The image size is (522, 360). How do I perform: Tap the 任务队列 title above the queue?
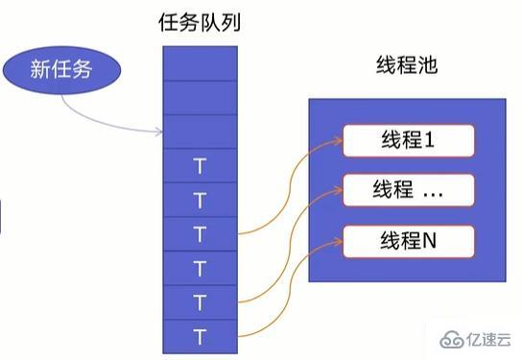(200, 23)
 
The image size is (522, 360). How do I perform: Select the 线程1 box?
(409, 140)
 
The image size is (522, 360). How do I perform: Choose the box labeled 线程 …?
(409, 190)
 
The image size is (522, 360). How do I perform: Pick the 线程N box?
(409, 238)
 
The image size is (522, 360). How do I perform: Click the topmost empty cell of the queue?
(200, 63)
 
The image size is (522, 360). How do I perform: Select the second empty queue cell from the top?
(200, 97)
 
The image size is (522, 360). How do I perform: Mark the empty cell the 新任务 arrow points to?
(200, 132)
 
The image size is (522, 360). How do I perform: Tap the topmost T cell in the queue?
(200, 165)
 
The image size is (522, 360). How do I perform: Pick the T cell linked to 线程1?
(200, 232)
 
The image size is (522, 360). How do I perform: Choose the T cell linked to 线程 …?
(200, 300)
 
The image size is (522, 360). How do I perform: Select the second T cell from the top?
(200, 199)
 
